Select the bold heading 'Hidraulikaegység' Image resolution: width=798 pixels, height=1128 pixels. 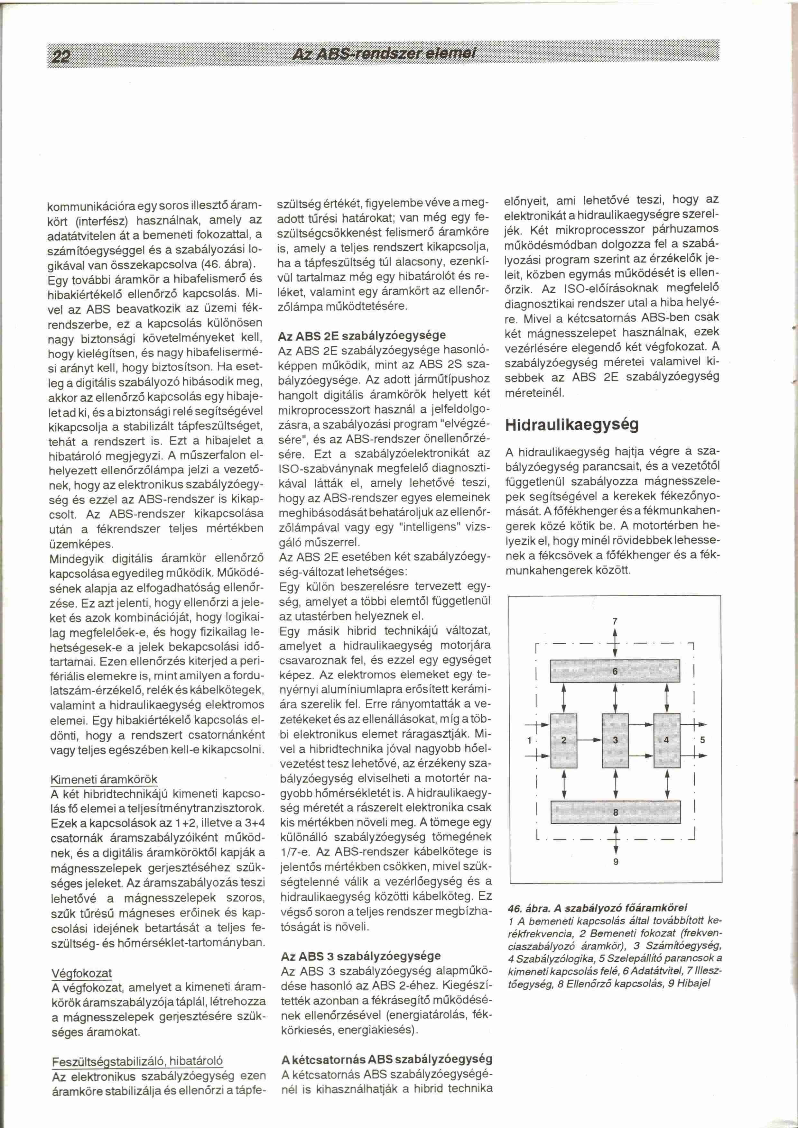pos(572,425)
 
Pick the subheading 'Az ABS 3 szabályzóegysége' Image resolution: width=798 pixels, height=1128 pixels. pos(361,956)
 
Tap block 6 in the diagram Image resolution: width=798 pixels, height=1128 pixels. pos(615,671)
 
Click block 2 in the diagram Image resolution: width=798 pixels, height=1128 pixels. pos(564,740)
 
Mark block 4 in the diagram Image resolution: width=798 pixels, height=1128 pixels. pos(666,740)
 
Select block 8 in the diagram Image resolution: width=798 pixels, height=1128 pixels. pos(615,812)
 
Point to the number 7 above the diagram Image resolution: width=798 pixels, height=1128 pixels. pos(615,621)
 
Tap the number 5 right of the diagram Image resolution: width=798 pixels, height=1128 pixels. pos(703,740)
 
